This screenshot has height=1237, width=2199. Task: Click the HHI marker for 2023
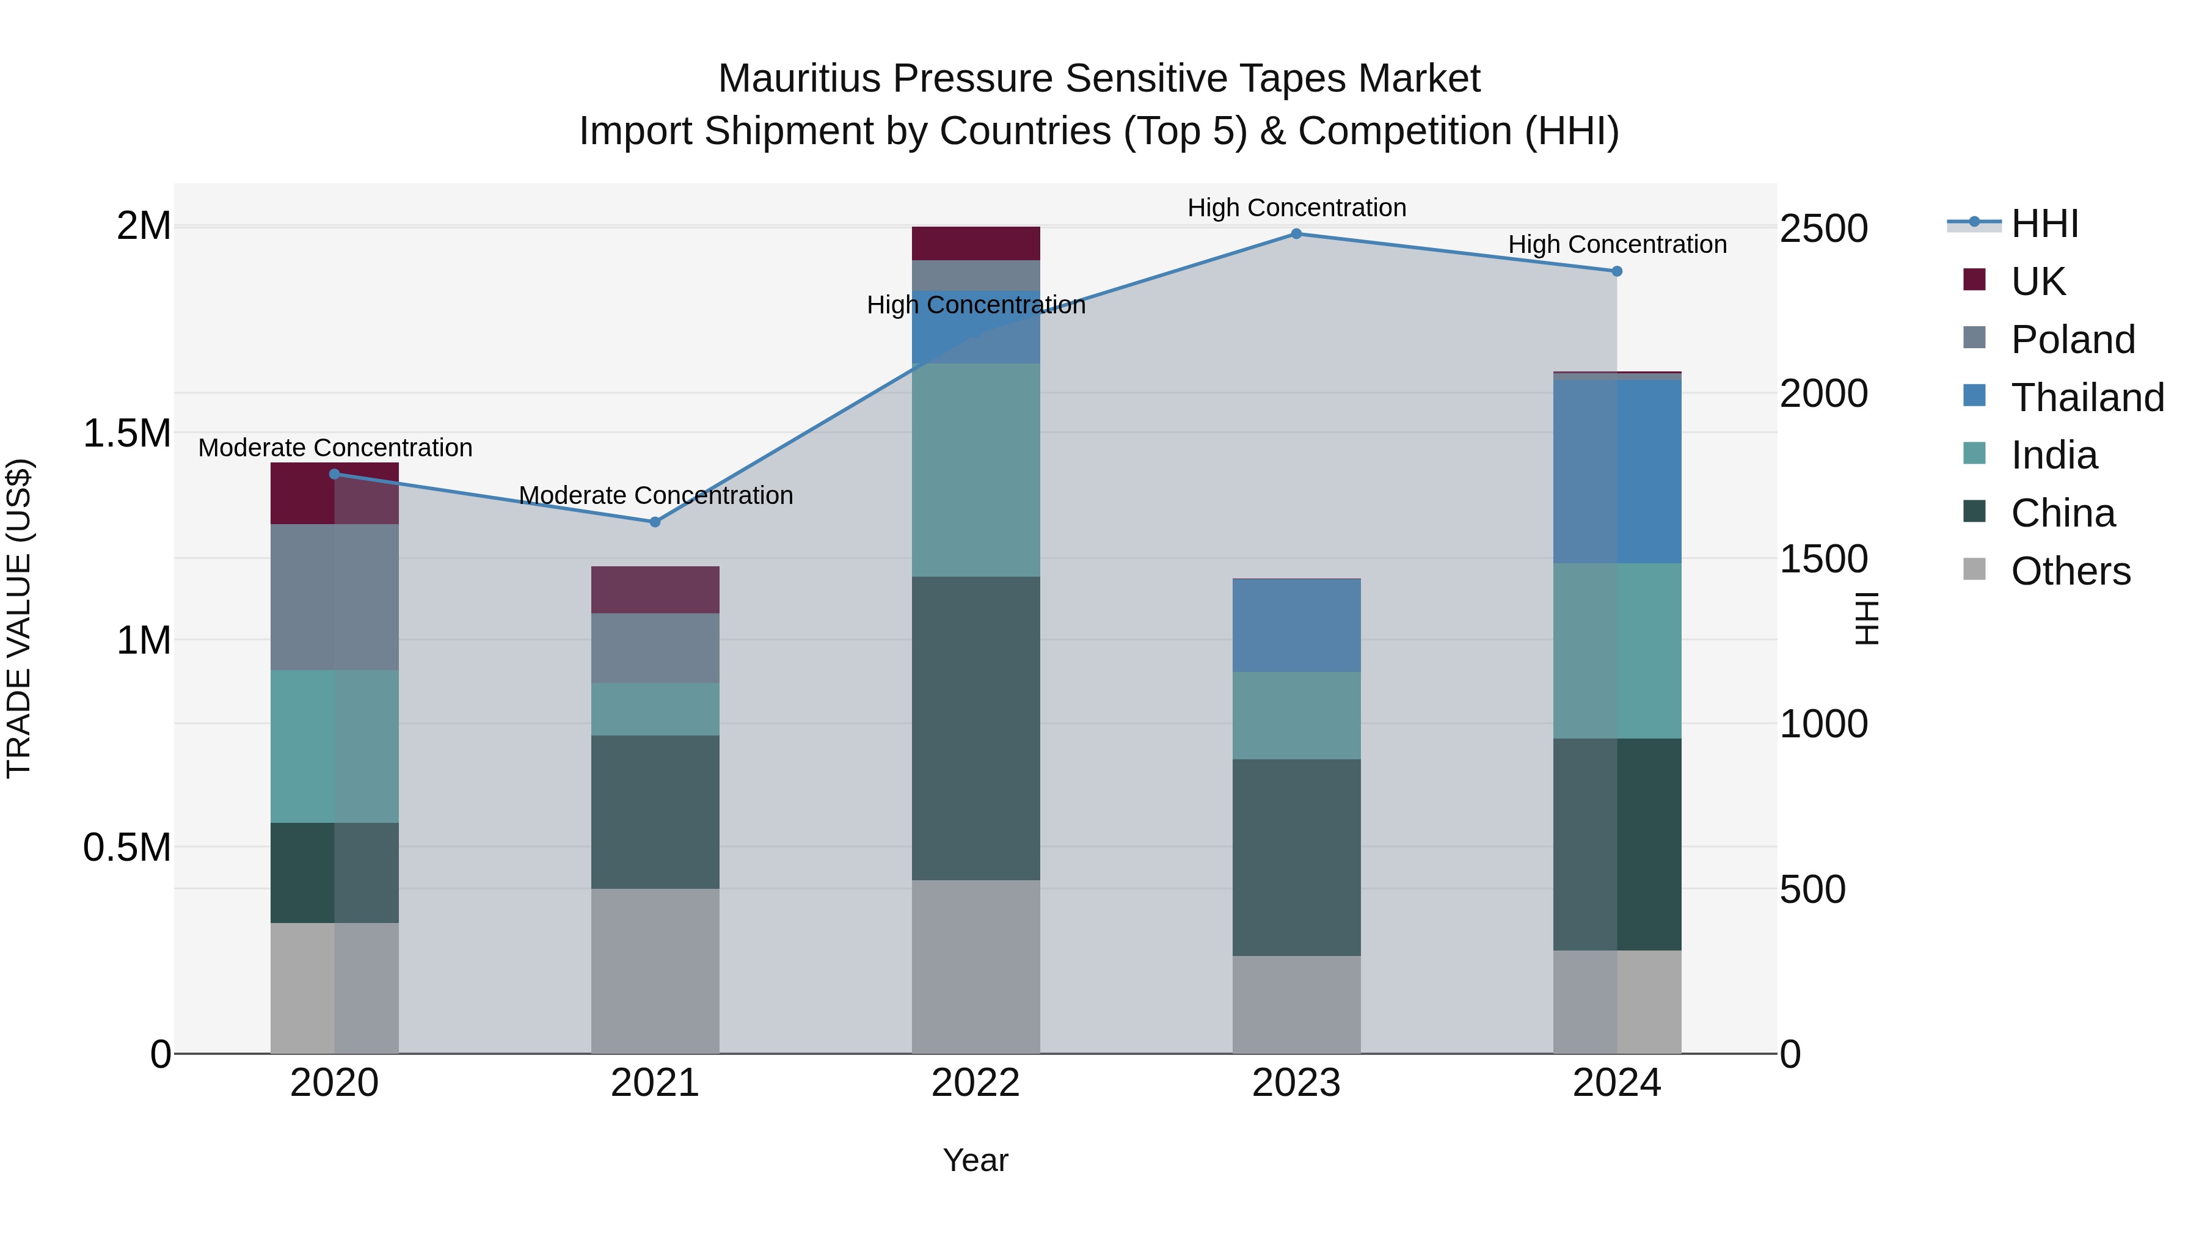click(1296, 234)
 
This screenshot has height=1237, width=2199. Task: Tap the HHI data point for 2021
click(655, 522)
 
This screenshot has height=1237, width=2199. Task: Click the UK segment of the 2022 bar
click(976, 243)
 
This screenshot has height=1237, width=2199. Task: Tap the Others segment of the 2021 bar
click(655, 971)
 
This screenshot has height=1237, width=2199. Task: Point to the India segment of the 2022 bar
click(976, 470)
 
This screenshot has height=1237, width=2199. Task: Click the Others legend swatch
click(1974, 569)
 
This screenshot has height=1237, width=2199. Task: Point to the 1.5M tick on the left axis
click(126, 434)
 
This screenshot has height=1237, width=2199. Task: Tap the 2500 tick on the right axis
click(1823, 229)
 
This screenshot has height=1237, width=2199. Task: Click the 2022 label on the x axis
click(976, 1083)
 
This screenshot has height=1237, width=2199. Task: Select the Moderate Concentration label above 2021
click(655, 495)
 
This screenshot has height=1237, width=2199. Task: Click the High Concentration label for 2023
click(1296, 208)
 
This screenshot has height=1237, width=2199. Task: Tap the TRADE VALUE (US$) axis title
click(19, 618)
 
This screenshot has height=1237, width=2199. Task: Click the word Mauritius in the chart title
click(799, 79)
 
